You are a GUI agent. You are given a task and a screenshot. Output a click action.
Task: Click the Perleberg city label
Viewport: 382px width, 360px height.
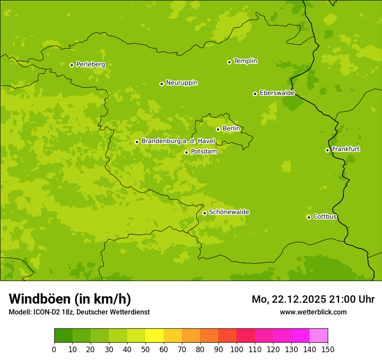tap(90, 64)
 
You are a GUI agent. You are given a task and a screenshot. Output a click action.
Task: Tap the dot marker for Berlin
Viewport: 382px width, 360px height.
tap(218, 129)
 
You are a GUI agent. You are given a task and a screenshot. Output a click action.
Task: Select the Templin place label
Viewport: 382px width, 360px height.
tap(245, 61)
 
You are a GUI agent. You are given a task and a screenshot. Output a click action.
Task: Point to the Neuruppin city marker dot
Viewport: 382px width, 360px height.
tap(161, 84)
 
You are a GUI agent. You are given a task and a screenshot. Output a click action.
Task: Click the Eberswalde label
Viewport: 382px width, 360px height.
tap(277, 93)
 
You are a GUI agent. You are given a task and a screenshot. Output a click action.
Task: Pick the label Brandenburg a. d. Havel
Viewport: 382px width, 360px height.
tap(178, 141)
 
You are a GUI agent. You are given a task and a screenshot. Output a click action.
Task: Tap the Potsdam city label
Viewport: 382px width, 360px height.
tap(204, 151)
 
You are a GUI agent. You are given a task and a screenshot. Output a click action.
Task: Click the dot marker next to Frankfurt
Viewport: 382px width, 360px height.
tap(327, 150)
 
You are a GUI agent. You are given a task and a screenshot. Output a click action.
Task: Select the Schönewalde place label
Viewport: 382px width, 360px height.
tap(229, 212)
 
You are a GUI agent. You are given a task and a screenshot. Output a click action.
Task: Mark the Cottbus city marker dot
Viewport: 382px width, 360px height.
tap(309, 217)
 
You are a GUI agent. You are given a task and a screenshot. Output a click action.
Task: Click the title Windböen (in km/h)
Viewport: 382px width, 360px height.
tap(70, 299)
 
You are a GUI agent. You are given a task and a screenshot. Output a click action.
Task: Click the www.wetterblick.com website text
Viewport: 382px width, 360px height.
tap(313, 312)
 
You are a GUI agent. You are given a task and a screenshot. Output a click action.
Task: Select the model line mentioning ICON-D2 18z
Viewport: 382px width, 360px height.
tap(79, 312)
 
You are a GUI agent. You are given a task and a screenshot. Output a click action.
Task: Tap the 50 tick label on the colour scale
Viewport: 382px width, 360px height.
tap(145, 349)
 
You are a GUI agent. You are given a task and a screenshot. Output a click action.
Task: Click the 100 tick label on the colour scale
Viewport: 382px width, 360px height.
tap(237, 349)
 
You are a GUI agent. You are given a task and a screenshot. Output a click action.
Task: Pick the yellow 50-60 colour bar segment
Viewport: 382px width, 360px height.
tap(155, 336)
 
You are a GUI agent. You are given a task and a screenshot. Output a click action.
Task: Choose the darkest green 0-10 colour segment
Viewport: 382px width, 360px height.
tap(63, 336)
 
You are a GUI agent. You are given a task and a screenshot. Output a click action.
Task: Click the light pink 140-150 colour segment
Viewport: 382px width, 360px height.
tap(319, 336)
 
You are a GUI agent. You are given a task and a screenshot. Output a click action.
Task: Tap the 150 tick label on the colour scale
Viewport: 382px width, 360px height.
tap(328, 349)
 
